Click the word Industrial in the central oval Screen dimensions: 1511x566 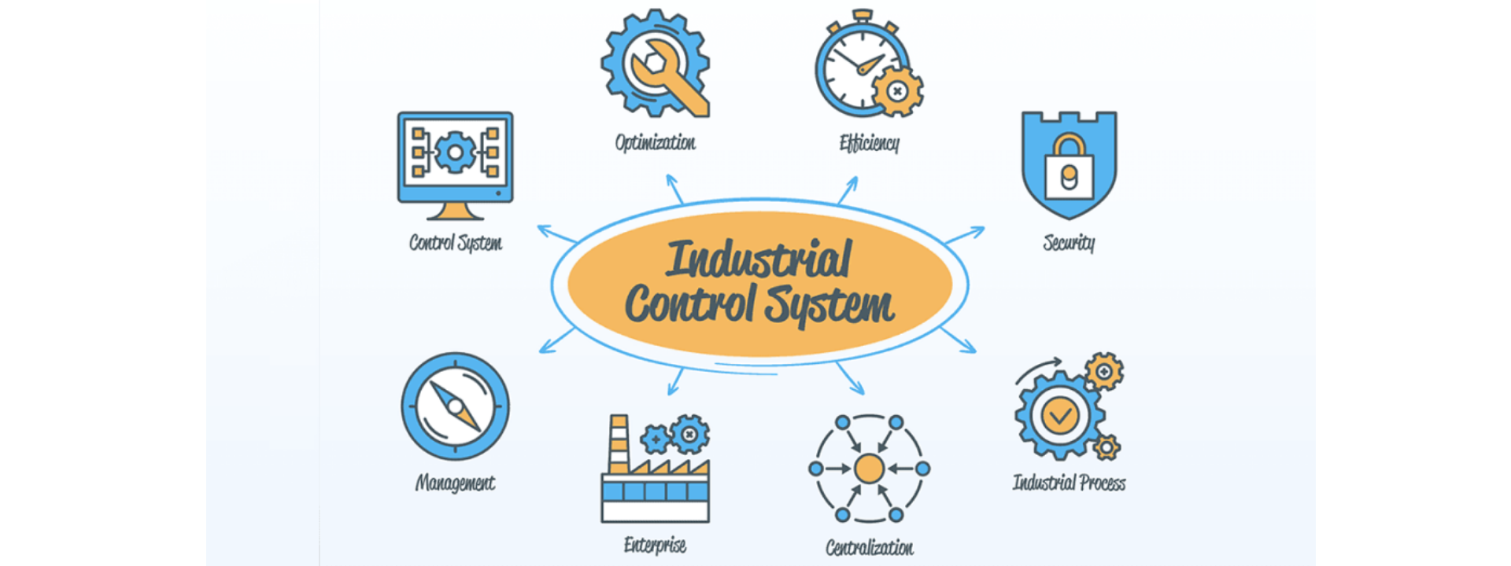[758, 259]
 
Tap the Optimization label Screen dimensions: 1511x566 [656, 142]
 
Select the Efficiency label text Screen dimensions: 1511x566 [870, 143]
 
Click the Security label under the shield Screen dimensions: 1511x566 [1069, 243]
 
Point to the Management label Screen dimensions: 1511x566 [455, 483]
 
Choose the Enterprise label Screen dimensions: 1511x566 [655, 545]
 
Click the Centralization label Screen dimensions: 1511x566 [870, 547]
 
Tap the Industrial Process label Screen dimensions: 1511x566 [1069, 483]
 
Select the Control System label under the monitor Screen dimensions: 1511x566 [455, 243]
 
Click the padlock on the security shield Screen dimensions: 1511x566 [1069, 168]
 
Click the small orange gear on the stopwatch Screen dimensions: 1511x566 [897, 92]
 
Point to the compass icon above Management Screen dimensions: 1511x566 [455, 406]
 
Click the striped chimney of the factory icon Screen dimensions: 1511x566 [619, 444]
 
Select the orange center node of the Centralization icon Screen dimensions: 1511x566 [869, 469]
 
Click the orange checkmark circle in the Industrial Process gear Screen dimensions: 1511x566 [1059, 415]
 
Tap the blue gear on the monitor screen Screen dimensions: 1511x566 [454, 152]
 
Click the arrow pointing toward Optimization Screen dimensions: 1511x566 [674, 189]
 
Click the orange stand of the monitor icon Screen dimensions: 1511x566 [455, 211]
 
